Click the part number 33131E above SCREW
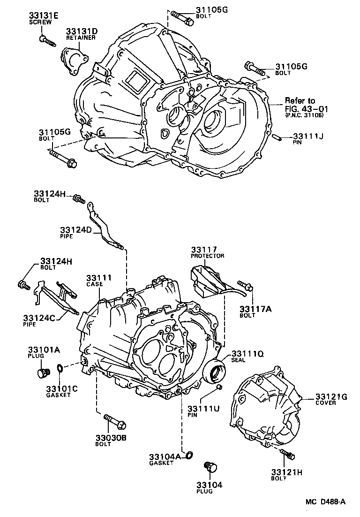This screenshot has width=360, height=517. (x=43, y=16)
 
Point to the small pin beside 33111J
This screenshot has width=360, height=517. (x=277, y=137)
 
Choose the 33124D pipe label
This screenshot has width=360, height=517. (x=75, y=229)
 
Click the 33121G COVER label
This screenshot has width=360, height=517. (x=331, y=397)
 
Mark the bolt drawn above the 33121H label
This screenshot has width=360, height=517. (x=287, y=454)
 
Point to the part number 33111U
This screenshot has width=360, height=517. (x=203, y=408)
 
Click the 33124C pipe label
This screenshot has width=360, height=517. (x=39, y=319)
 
